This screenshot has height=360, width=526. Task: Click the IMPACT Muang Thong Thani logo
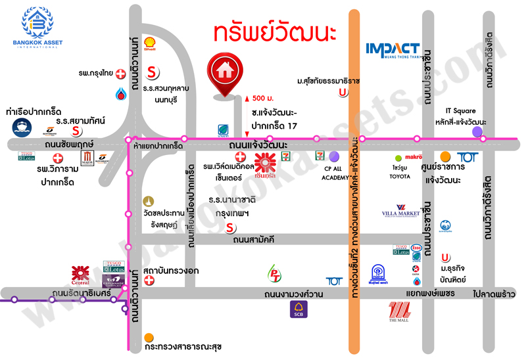point(393,51)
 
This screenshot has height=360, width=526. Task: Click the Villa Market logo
point(401,212)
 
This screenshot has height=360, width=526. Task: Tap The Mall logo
point(400,313)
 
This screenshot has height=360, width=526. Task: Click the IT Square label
point(460,111)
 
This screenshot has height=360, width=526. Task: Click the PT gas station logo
point(274,273)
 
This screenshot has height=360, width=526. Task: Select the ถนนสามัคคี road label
point(253,241)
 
